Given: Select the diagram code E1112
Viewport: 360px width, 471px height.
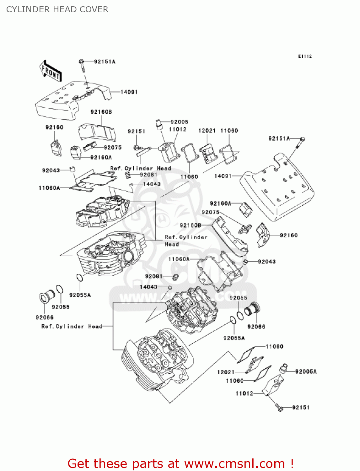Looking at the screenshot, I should point(305,56).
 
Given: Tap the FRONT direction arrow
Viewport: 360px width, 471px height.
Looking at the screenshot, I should point(50,72).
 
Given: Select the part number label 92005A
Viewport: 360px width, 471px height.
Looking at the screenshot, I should point(306,371).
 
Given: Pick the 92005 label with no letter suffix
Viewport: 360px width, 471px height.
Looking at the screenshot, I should point(179,122).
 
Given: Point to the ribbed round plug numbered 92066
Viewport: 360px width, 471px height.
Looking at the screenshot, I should point(253,309).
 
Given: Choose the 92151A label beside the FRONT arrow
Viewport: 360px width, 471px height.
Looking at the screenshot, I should point(105,62).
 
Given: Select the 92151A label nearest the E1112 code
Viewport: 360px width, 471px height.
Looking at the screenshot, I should point(279,138).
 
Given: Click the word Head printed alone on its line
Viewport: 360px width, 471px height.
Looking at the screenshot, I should point(172,244).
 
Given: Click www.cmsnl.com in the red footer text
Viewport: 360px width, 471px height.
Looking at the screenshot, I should point(234,463).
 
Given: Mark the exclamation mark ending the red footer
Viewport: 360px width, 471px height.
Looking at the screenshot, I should point(292,463).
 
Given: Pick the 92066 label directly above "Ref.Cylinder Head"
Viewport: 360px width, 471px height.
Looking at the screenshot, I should point(45,317).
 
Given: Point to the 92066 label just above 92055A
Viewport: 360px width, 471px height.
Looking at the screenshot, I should point(256,327).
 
